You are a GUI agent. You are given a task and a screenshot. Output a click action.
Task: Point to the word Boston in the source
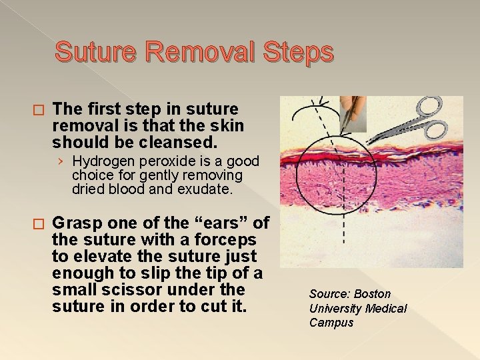click(x=372, y=294)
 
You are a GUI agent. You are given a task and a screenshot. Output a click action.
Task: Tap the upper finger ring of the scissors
click(x=429, y=106)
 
